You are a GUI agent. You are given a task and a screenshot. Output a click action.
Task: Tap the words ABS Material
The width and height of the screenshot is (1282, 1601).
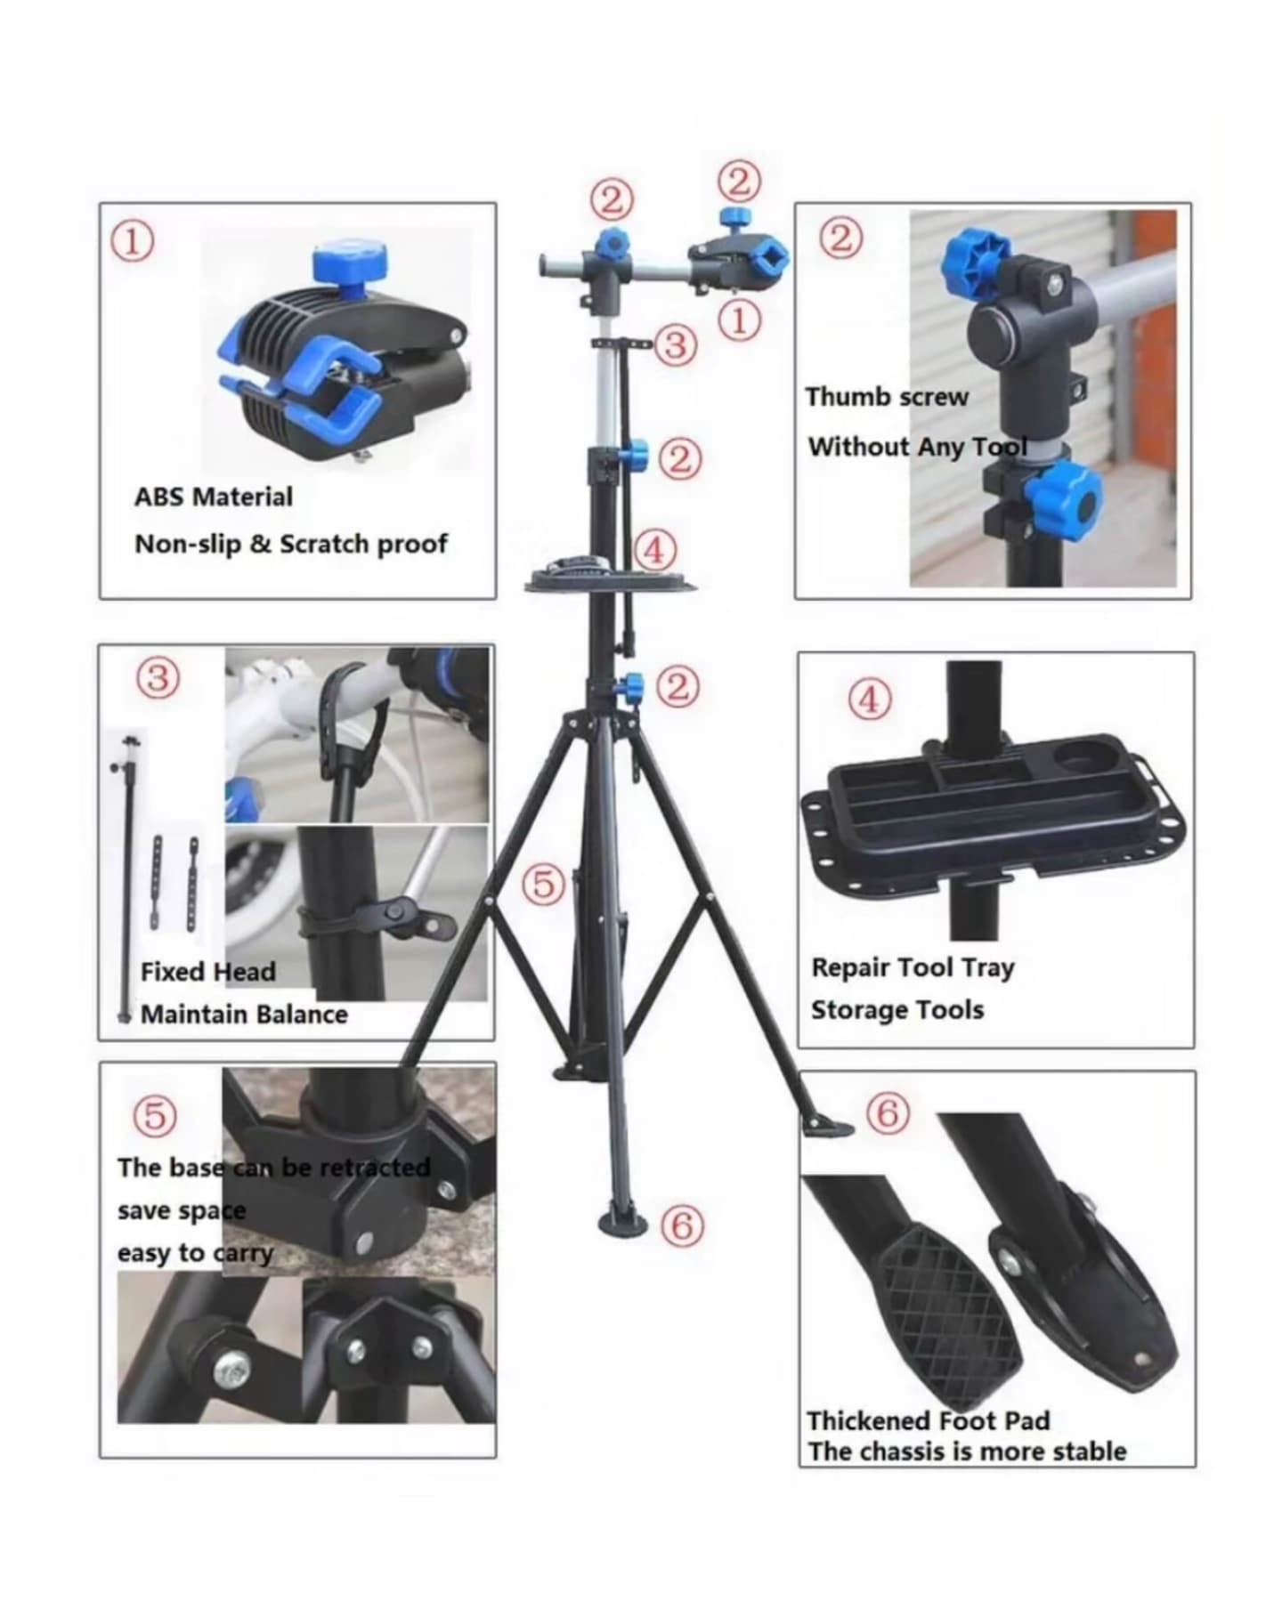(x=214, y=497)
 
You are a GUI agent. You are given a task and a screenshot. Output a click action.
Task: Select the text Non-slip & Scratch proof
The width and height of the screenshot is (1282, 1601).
(x=291, y=544)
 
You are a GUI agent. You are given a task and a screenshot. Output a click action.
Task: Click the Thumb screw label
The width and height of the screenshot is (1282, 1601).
(x=887, y=397)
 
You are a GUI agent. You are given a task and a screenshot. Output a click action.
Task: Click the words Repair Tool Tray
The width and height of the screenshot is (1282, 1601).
(x=913, y=967)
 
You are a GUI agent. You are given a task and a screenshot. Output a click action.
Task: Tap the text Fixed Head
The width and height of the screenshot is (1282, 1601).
(x=208, y=971)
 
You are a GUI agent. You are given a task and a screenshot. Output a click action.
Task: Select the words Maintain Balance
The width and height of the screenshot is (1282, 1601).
(x=244, y=1015)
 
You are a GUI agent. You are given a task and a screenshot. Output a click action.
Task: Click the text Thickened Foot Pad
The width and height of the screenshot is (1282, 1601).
(x=929, y=1420)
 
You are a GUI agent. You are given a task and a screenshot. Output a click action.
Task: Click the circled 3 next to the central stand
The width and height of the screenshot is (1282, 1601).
(x=676, y=344)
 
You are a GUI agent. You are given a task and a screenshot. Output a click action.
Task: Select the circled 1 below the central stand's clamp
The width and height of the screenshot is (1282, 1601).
(x=739, y=319)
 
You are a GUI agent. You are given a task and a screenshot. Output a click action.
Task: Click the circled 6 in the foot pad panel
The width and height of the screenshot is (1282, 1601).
(x=888, y=1113)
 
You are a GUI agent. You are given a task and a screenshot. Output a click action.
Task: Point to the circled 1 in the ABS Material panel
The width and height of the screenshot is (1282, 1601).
(x=132, y=241)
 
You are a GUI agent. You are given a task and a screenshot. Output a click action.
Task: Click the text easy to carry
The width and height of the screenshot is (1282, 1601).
(x=195, y=1253)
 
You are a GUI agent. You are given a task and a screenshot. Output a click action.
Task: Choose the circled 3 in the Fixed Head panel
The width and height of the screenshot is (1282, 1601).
(x=158, y=678)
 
